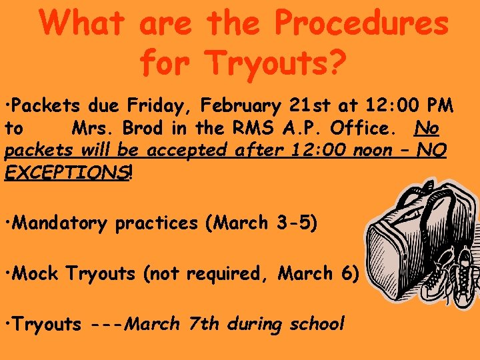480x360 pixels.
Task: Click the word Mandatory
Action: coord(59,223)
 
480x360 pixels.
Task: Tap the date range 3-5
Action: coord(293,223)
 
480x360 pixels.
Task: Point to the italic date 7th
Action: coord(203,324)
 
